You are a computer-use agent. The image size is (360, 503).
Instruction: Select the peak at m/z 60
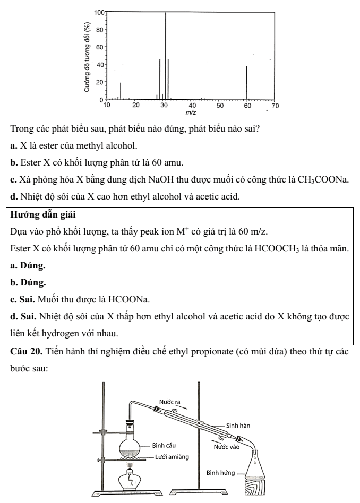point(246,83)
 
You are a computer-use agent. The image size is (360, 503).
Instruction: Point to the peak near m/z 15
point(121,91)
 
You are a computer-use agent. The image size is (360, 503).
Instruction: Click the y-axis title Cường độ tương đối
point(88,58)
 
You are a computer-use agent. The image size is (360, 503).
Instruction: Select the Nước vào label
point(226,447)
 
